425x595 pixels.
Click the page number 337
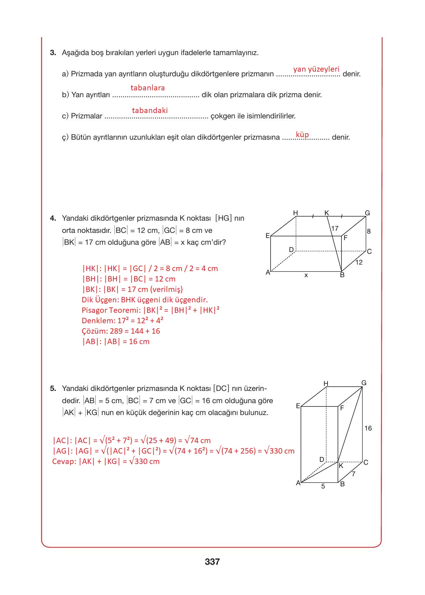point(212,562)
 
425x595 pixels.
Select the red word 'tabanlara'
point(148,88)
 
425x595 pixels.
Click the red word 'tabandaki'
point(150,111)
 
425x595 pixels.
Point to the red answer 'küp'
point(302,135)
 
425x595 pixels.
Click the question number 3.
point(53,53)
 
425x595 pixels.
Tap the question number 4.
point(53,218)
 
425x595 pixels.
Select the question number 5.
point(53,388)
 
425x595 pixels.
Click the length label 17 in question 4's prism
point(335,228)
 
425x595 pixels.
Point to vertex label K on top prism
point(326,213)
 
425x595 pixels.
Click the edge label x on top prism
point(306,275)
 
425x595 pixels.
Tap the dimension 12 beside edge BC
point(359,262)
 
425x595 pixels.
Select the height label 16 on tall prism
point(368,428)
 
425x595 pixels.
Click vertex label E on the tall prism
point(298,406)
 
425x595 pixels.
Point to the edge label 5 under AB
point(323,486)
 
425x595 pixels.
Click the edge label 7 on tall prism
point(353,474)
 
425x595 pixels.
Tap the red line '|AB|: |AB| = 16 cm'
point(116,342)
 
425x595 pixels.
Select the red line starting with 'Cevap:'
point(106,461)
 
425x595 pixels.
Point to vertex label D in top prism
point(291,249)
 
